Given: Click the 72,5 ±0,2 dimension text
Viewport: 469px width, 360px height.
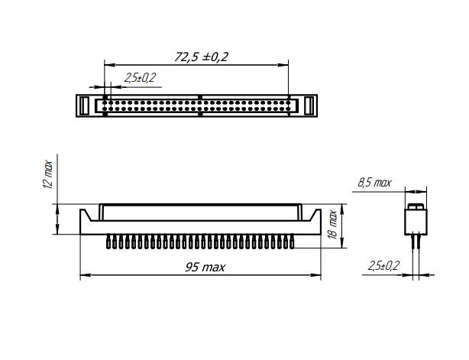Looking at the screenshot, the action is (x=201, y=57).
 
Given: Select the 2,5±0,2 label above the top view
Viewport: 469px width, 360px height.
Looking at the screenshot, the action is (x=140, y=78).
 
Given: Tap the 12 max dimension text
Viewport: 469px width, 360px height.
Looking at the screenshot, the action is (x=48, y=175).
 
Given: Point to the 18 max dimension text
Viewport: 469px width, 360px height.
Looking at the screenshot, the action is (x=332, y=225).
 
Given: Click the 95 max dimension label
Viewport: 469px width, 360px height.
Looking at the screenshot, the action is (x=205, y=268).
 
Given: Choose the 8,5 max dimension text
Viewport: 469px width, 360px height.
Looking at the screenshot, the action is (x=374, y=183).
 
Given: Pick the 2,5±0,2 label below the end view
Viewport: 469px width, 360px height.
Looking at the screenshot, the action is (x=383, y=265).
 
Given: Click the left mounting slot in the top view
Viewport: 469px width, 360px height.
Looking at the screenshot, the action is (x=84, y=105).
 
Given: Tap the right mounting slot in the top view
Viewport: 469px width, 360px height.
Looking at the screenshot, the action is (x=309, y=105).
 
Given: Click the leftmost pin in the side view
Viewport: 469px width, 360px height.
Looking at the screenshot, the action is (x=108, y=242).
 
